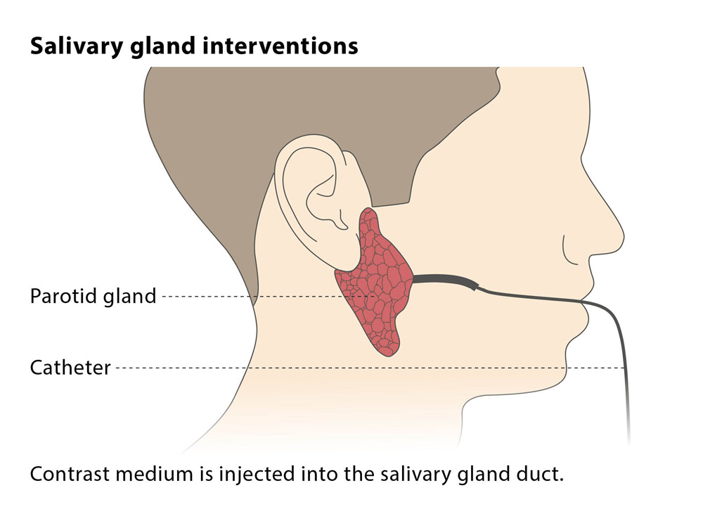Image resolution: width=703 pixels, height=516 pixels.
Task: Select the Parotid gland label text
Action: point(93,297)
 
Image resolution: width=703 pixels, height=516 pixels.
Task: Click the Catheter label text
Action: point(70,368)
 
